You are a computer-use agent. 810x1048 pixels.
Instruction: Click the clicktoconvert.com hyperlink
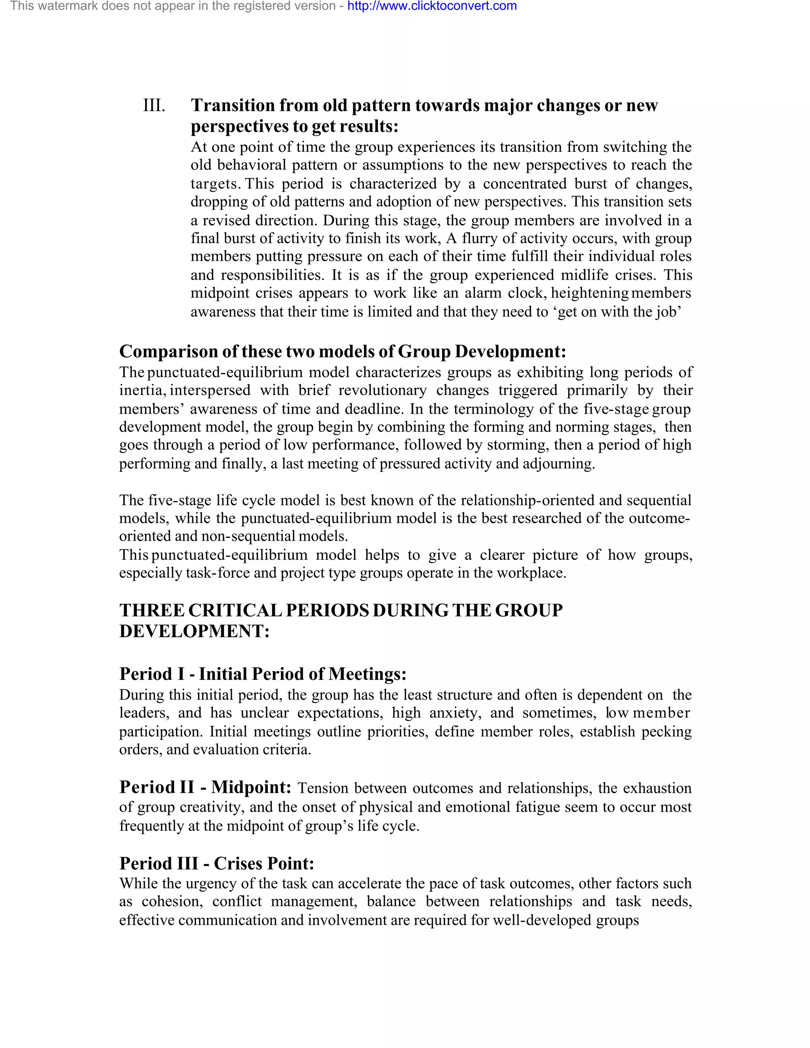(x=432, y=6)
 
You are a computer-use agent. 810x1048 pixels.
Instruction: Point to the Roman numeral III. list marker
(x=154, y=105)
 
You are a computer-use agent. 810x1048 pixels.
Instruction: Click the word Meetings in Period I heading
(x=367, y=674)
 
